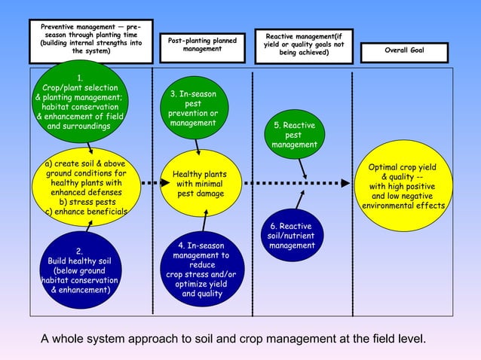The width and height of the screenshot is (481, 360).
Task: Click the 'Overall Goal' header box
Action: pyautogui.click(x=404, y=53)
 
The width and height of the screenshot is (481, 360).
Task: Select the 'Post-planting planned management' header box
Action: pyautogui.click(x=203, y=47)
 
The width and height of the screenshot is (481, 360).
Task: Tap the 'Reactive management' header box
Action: pyautogui.click(x=304, y=46)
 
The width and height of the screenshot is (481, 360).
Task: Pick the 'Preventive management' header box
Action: pyautogui.click(x=91, y=41)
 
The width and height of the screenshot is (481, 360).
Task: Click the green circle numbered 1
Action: pyautogui.click(x=80, y=102)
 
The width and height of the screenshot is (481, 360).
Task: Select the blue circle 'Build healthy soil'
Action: pyautogui.click(x=81, y=270)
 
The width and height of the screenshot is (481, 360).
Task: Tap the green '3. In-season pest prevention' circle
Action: pyautogui.click(x=195, y=108)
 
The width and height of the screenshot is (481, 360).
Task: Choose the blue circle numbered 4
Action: pyautogui.click(x=202, y=268)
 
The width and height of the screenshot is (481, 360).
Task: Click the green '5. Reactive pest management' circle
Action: pyautogui.click(x=295, y=134)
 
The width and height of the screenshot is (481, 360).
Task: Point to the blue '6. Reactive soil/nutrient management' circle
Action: pyautogui.click(x=292, y=235)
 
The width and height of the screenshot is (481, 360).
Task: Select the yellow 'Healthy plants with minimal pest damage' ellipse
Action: pyautogui.click(x=201, y=183)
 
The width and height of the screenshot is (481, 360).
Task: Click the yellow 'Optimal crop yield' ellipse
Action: pyautogui.click(x=403, y=186)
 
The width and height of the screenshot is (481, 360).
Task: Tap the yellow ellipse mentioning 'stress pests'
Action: pyautogui.click(x=87, y=187)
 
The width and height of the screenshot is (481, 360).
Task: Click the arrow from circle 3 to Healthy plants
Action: pyautogui.click(x=198, y=147)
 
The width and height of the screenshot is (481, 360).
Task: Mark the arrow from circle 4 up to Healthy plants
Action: pyautogui.click(x=204, y=220)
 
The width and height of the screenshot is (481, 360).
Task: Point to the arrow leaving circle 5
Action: pyautogui.click(x=302, y=169)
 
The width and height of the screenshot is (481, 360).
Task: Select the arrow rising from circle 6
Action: pyautogui.click(x=300, y=200)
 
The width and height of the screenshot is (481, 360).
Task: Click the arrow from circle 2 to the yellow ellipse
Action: pyautogui.click(x=89, y=226)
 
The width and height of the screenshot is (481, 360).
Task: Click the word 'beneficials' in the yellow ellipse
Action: pyautogui.click(x=106, y=212)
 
